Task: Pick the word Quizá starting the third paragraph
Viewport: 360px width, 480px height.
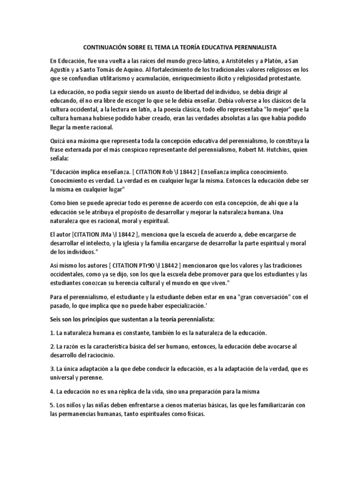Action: [59, 142]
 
